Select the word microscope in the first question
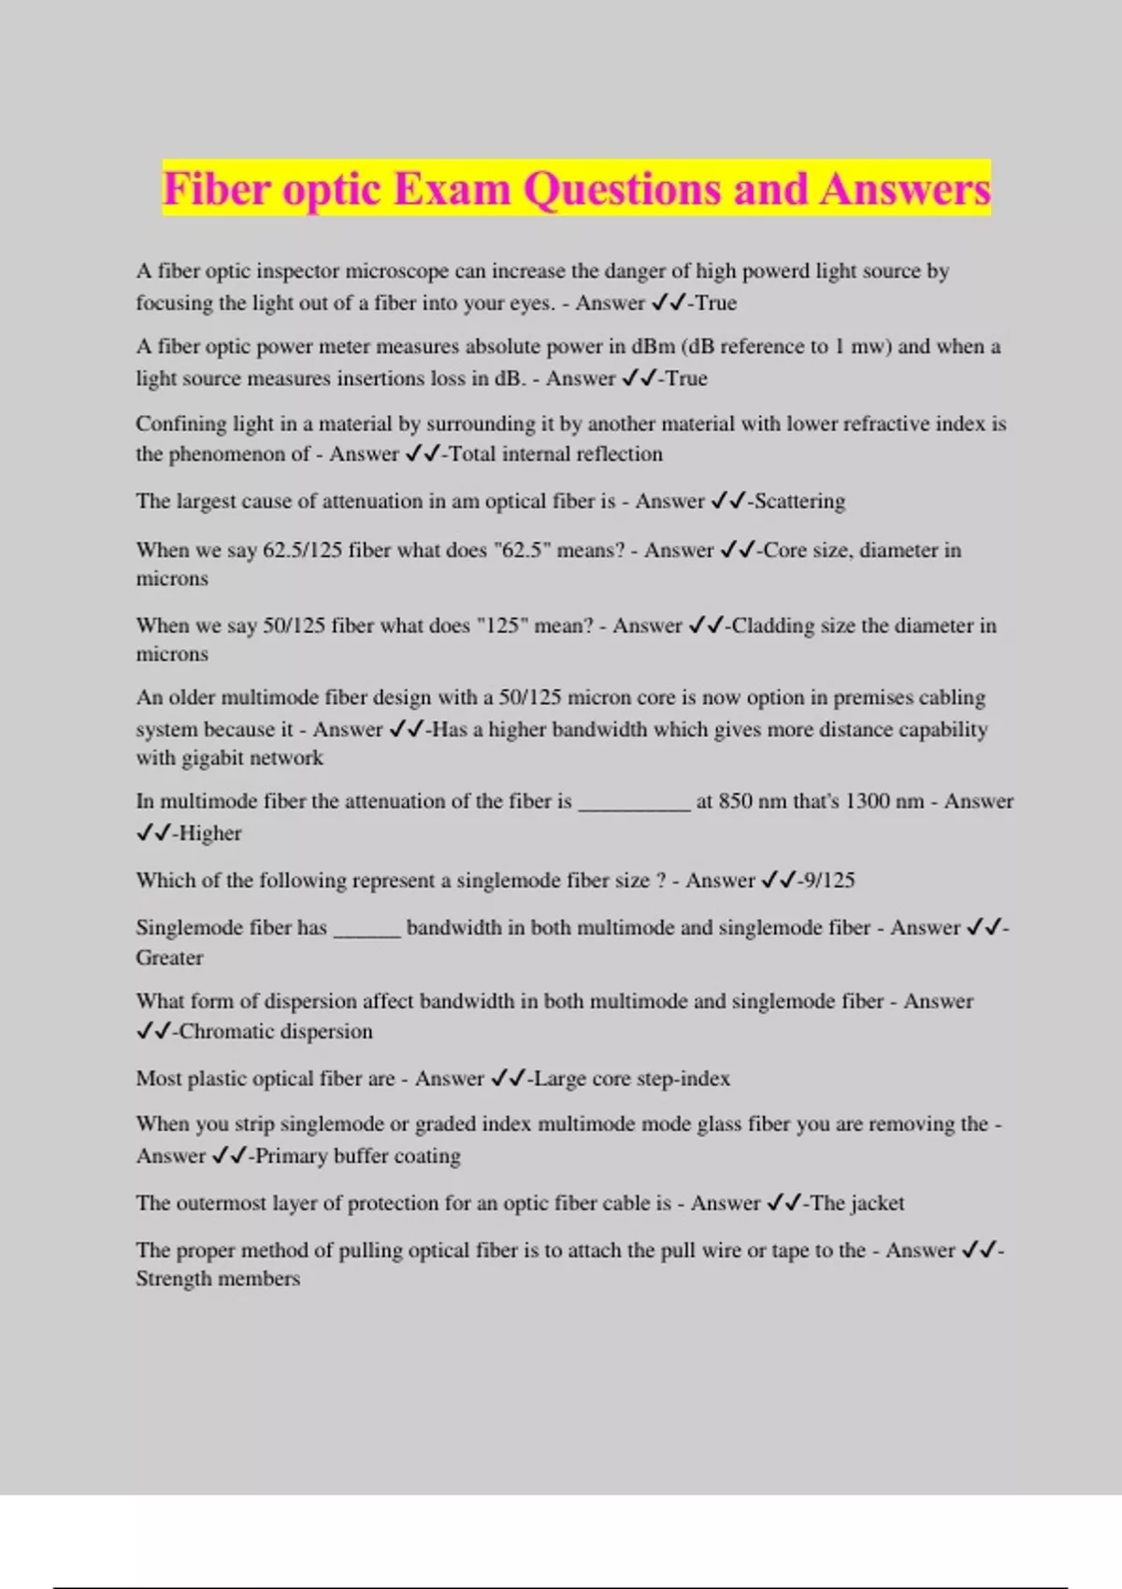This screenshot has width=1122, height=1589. click(397, 271)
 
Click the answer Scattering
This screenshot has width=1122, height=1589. click(799, 501)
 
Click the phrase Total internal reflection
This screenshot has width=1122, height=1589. click(555, 454)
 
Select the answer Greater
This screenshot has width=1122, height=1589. click(169, 957)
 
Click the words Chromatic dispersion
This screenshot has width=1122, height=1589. click(276, 1031)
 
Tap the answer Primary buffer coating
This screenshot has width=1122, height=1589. click(358, 1156)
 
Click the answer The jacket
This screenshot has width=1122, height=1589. click(857, 1203)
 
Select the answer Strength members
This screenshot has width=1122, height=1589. click(218, 1279)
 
